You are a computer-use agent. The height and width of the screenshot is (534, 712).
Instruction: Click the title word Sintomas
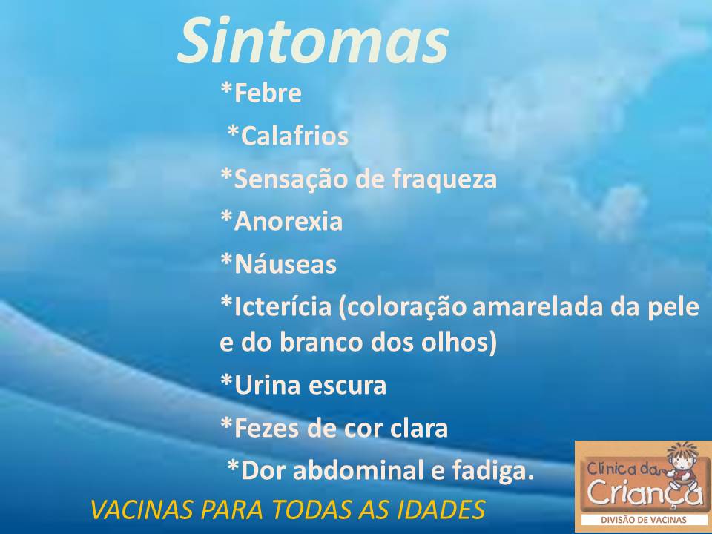(x=313, y=41)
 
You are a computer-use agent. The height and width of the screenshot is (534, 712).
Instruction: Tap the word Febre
(x=268, y=93)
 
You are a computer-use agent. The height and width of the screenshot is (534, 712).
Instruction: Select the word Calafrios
(x=294, y=135)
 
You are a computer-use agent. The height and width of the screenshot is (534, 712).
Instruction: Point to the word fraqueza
(x=444, y=179)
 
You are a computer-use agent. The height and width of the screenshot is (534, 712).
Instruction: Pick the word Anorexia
(x=288, y=221)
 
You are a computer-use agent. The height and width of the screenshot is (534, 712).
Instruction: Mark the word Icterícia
(x=283, y=306)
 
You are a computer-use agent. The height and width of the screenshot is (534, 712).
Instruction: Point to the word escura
(x=347, y=386)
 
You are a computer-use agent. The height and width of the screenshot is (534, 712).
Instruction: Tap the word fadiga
(x=492, y=471)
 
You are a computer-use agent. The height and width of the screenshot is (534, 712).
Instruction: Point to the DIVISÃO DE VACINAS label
(x=643, y=520)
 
